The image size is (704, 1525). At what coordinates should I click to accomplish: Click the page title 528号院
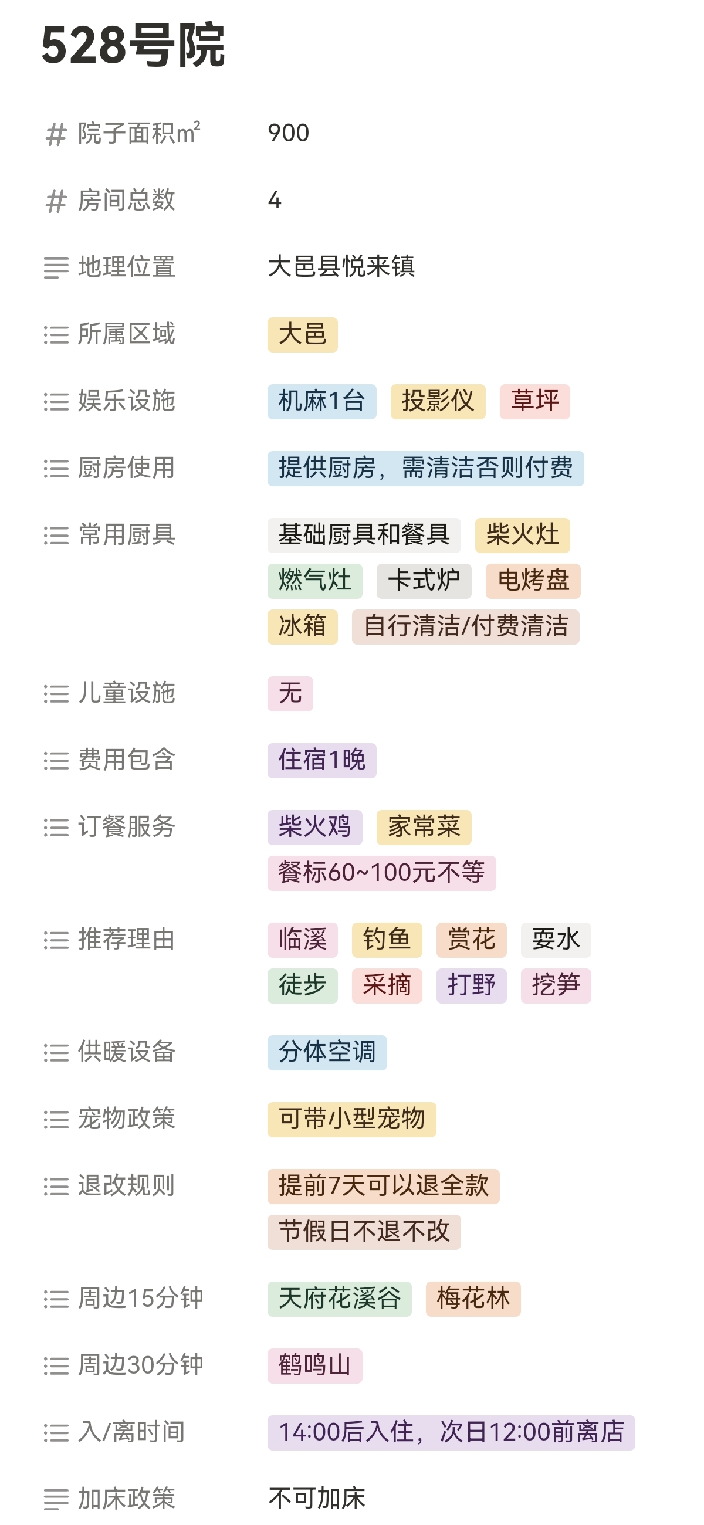click(133, 46)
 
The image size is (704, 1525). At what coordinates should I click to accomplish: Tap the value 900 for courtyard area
click(289, 133)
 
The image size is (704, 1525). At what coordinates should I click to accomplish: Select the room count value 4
click(275, 200)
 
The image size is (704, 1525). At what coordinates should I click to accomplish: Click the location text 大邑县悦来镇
click(341, 267)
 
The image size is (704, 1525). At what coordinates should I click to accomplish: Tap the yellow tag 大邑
click(302, 334)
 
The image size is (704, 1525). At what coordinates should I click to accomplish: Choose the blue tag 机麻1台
click(321, 401)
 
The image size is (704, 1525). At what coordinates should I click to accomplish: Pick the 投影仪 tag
click(438, 401)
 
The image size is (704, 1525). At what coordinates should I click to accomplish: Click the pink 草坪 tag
click(534, 401)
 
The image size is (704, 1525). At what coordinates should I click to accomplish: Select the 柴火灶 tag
click(522, 535)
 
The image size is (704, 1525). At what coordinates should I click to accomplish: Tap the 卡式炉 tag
click(424, 581)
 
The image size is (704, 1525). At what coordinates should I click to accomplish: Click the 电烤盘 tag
click(533, 581)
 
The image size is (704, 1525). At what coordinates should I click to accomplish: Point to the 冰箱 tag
click(302, 626)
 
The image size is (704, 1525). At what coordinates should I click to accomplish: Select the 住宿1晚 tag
click(321, 760)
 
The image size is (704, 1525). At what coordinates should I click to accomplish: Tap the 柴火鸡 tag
click(314, 827)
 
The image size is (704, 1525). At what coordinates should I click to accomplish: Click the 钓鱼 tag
click(387, 940)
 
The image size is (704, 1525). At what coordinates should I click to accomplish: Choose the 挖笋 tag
click(556, 985)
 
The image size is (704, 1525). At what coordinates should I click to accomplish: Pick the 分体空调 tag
click(327, 1052)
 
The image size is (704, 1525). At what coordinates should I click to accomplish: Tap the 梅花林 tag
click(472, 1299)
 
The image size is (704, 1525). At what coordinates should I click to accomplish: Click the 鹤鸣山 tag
click(314, 1365)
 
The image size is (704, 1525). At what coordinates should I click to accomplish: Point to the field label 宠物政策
click(126, 1120)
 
